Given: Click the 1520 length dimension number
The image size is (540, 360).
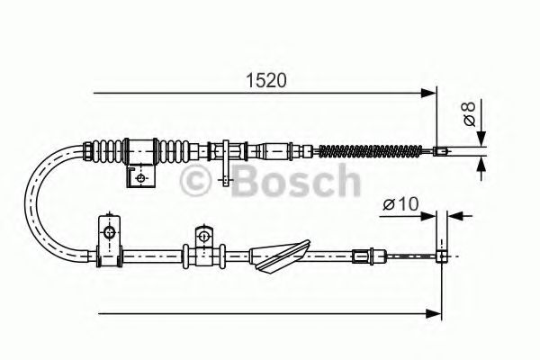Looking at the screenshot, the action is [x=265, y=81].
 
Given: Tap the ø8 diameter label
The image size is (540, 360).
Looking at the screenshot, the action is [x=470, y=113].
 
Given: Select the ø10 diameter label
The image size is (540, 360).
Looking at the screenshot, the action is [x=400, y=204].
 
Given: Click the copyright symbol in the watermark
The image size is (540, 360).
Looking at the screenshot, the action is [x=195, y=181].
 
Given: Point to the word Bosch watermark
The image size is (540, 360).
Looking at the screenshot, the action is [x=296, y=181].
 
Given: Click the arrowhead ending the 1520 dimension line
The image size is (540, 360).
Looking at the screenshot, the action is [x=428, y=93].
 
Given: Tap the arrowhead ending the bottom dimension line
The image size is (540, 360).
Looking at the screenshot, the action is [x=433, y=314].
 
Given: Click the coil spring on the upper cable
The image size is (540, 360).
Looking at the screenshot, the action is [x=371, y=151].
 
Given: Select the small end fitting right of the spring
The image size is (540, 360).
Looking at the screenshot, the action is [x=441, y=151].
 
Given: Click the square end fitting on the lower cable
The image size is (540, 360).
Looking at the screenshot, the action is [x=442, y=256].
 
